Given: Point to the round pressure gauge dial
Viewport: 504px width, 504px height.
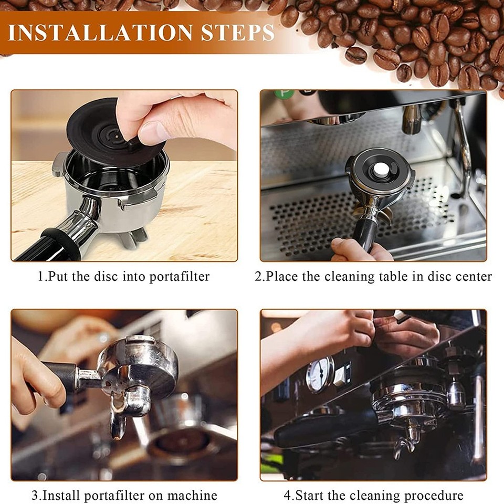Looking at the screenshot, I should pos(320,374).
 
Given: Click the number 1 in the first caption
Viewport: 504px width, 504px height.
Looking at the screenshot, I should pos(40,276).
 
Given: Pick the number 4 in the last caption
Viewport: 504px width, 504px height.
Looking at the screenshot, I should pos(287,495).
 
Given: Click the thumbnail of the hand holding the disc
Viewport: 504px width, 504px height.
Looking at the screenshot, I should pos(124,175).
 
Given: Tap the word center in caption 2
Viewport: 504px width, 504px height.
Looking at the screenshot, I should pos(474,276).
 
